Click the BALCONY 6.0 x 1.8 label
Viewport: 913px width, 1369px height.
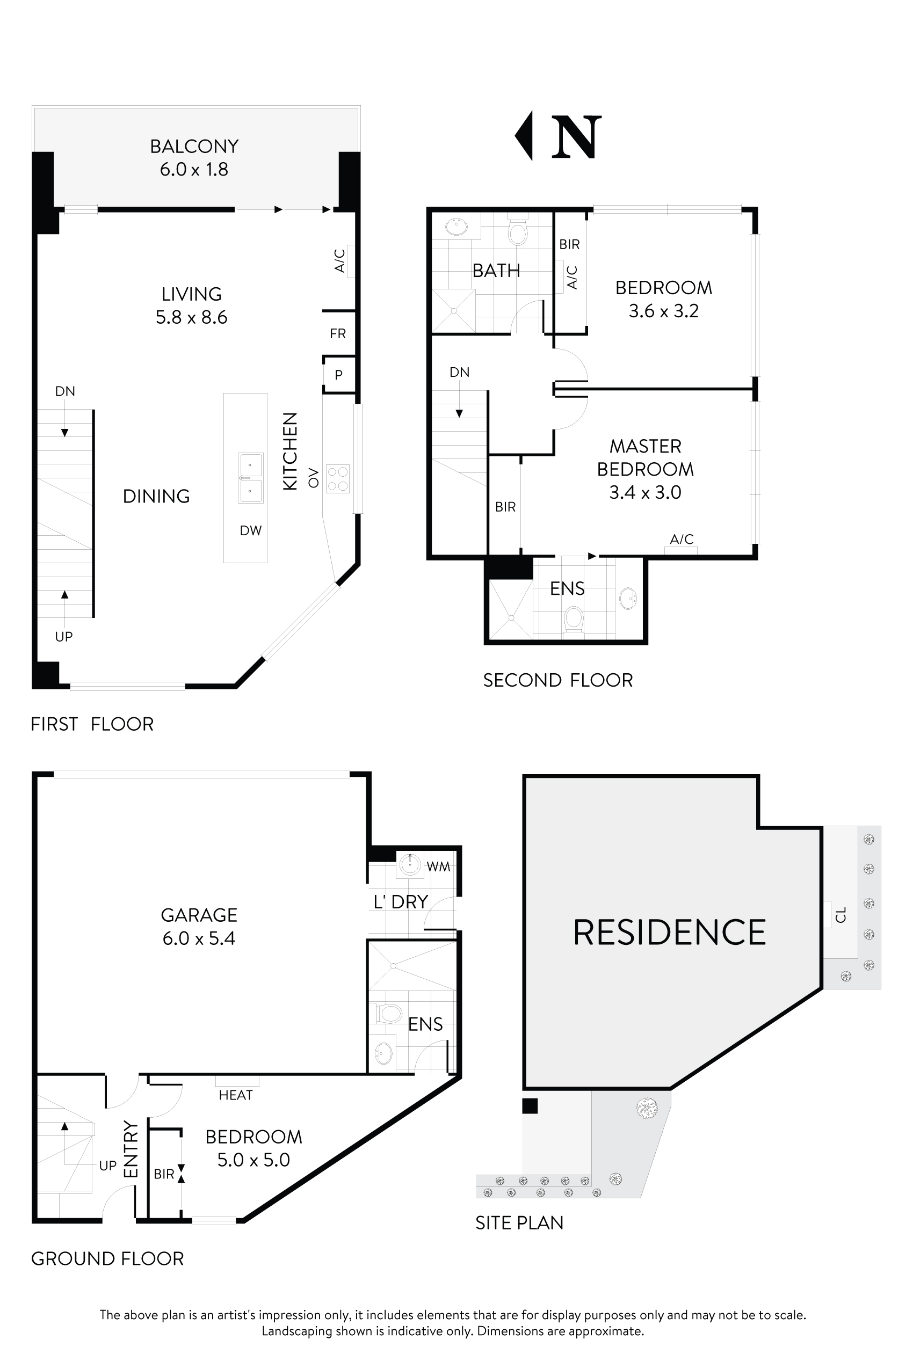(x=194, y=157)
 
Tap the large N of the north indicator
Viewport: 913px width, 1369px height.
(x=576, y=137)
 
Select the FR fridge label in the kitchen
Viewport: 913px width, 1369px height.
(x=338, y=333)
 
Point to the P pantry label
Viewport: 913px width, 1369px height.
(x=338, y=375)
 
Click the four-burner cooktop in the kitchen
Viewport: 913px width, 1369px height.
(x=338, y=478)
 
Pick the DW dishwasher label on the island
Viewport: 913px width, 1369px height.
(x=250, y=530)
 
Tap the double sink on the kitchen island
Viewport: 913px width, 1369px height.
(x=250, y=478)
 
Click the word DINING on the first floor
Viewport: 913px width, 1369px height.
(x=156, y=496)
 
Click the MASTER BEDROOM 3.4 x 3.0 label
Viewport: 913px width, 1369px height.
(x=645, y=469)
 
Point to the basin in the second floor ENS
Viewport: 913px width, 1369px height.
(x=628, y=599)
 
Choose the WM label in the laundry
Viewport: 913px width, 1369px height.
(x=438, y=866)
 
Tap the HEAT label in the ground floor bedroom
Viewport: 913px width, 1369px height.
(x=236, y=1095)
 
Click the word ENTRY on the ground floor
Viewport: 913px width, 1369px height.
(x=132, y=1149)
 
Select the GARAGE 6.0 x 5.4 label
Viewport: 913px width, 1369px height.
(x=199, y=926)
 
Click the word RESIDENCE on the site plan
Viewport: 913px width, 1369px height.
(x=669, y=932)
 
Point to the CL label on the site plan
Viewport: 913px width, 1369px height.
(x=840, y=914)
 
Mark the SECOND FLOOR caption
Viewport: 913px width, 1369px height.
(x=558, y=680)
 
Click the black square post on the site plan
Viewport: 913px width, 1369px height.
(x=530, y=1106)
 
